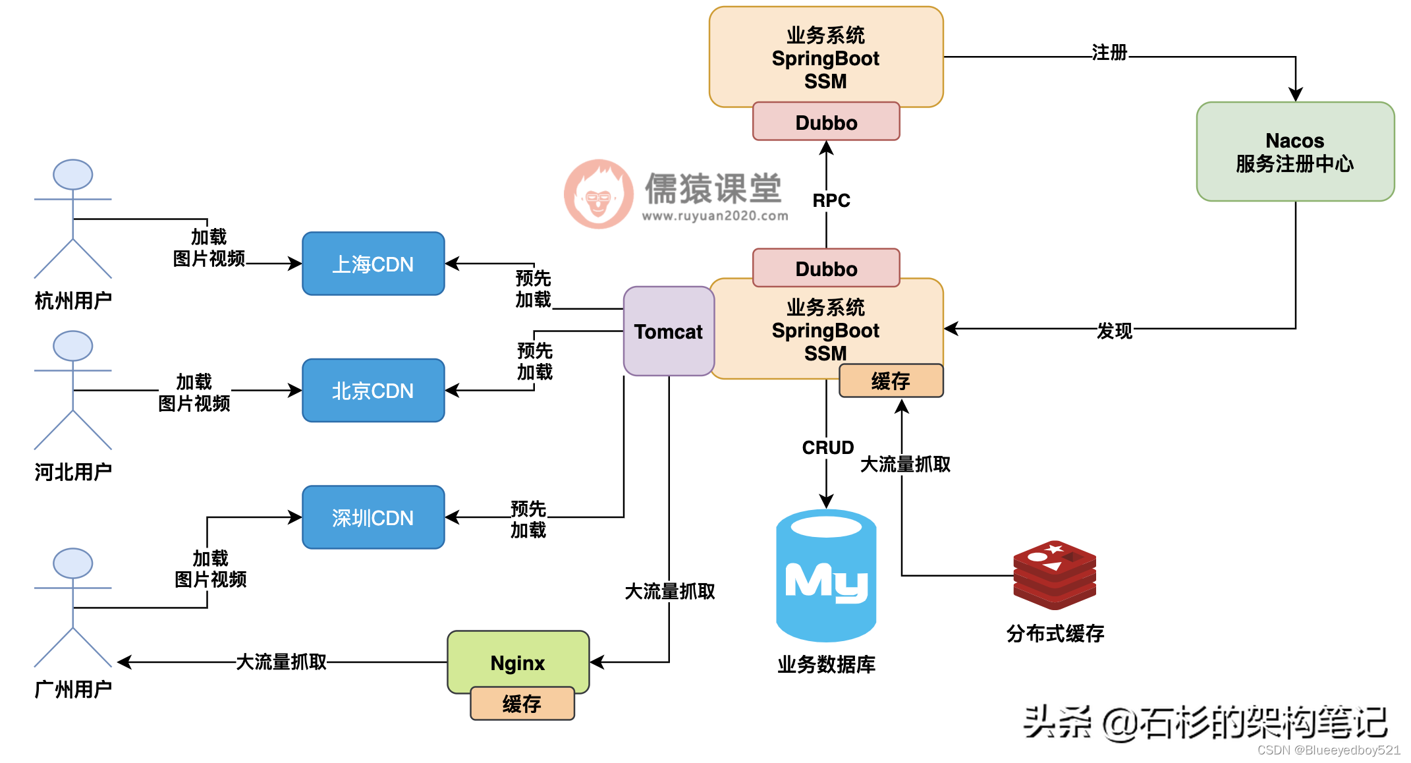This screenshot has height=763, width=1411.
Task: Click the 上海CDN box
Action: (x=373, y=264)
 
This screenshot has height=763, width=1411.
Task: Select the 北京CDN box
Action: (x=373, y=390)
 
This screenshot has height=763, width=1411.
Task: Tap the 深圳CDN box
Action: (x=373, y=517)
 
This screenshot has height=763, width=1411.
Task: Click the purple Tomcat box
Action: (x=668, y=331)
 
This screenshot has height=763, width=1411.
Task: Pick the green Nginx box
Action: (x=518, y=662)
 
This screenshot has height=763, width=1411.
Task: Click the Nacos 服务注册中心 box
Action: (x=1294, y=152)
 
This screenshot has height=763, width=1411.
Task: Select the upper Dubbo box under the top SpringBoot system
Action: (x=826, y=122)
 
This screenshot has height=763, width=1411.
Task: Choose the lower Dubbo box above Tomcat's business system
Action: (x=826, y=268)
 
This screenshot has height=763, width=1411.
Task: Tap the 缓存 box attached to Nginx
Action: (x=522, y=704)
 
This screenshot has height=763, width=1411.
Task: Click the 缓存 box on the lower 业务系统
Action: (x=891, y=381)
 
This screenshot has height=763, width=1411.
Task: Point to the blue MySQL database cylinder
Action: (x=826, y=577)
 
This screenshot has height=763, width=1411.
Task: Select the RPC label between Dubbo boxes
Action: (x=831, y=200)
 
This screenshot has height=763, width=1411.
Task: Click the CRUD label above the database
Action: (x=827, y=447)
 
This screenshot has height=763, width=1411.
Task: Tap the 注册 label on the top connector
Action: (x=1109, y=53)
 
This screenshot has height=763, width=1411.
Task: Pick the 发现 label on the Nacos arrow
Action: (x=1114, y=331)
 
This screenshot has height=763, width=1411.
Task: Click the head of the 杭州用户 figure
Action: (x=72, y=175)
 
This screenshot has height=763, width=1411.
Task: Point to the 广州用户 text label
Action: (x=72, y=689)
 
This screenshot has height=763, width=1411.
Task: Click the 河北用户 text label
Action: (x=72, y=472)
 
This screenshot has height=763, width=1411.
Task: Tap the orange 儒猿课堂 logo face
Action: (x=598, y=194)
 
